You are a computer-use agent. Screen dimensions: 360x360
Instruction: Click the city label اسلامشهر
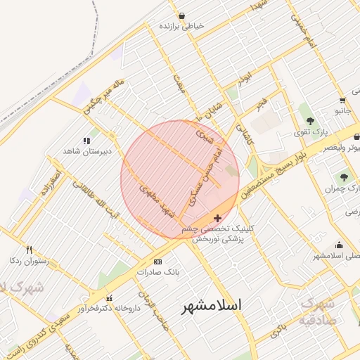click(212, 306)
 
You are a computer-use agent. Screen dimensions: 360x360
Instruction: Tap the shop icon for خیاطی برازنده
click(182, 15)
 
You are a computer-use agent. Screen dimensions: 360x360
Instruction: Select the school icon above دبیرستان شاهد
click(87, 141)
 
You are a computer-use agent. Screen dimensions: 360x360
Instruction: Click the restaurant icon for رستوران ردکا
click(29, 250)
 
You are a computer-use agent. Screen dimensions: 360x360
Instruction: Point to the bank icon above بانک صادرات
click(157, 262)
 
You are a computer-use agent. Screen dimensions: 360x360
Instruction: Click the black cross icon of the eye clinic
click(217, 219)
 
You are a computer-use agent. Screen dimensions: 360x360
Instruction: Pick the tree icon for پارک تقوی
click(310, 121)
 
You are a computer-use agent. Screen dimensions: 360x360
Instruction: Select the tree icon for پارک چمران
click(344, 177)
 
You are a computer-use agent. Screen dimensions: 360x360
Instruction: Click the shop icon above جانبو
click(342, 101)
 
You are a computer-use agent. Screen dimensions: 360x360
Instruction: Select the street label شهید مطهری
click(156, 200)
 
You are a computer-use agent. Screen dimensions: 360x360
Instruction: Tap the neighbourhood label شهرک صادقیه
click(319, 311)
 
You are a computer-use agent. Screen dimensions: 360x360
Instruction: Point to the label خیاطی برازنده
click(181, 25)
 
